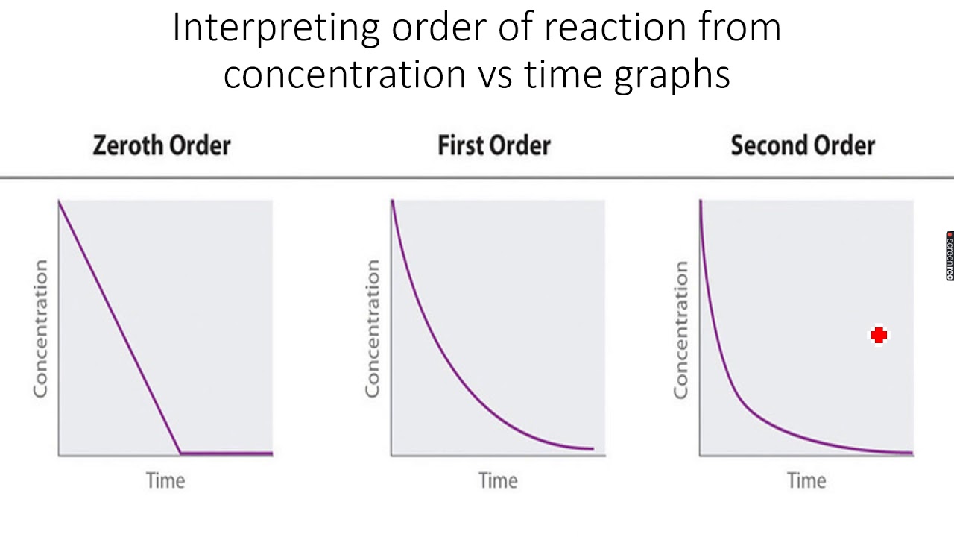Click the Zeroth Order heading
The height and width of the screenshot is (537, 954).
[162, 145]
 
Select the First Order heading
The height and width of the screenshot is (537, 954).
[493, 145]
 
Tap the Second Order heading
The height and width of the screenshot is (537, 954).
[803, 145]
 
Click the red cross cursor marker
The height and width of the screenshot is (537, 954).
[879, 336]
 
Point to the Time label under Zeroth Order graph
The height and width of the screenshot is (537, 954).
[165, 480]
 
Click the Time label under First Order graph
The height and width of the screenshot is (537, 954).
[498, 480]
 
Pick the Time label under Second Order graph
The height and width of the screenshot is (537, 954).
[806, 480]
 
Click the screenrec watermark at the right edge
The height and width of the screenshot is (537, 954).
[950, 256]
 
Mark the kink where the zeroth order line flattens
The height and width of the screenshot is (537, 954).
[180, 453]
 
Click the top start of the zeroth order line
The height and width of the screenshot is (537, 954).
[60, 201]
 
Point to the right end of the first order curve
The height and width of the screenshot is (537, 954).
[593, 448]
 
